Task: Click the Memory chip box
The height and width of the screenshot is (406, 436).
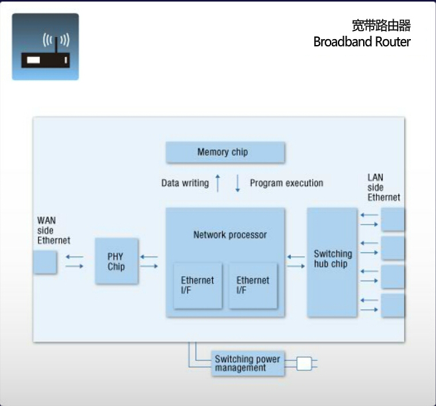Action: pyautogui.click(x=225, y=152)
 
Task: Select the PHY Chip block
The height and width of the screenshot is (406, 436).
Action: pyautogui.click(x=117, y=261)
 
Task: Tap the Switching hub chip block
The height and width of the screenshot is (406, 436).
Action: pyautogui.click(x=332, y=262)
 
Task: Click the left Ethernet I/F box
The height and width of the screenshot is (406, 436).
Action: pyautogui.click(x=197, y=285)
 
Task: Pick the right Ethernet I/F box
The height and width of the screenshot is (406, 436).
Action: pyautogui.click(x=252, y=285)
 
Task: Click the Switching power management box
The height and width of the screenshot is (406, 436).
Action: pyautogui.click(x=247, y=364)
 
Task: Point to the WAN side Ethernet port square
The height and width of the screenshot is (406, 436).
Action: pyautogui.click(x=45, y=262)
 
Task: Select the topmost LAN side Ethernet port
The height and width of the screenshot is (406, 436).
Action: pyautogui.click(x=393, y=219)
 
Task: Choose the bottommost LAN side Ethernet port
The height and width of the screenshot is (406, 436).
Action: pyautogui.click(x=393, y=305)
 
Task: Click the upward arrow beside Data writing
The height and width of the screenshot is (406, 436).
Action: pyautogui.click(x=217, y=183)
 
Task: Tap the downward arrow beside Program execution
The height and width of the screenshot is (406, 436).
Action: pyautogui.click(x=238, y=183)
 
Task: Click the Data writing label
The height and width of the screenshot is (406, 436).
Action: pyautogui.click(x=185, y=183)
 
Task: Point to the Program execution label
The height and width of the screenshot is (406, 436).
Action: pyautogui.click(x=286, y=183)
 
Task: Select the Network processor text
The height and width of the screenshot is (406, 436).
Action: pyautogui.click(x=230, y=234)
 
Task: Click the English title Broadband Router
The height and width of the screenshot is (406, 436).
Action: pyautogui.click(x=362, y=42)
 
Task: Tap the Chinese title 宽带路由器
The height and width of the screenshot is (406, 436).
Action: pyautogui.click(x=381, y=26)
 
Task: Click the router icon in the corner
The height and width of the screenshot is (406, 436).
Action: pyautogui.click(x=45, y=47)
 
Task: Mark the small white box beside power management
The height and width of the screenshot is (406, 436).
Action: pyautogui.click(x=303, y=363)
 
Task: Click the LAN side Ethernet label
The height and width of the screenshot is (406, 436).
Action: pyautogui.click(x=384, y=187)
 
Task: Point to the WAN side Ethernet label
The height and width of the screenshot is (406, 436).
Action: pyautogui.click(x=53, y=230)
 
